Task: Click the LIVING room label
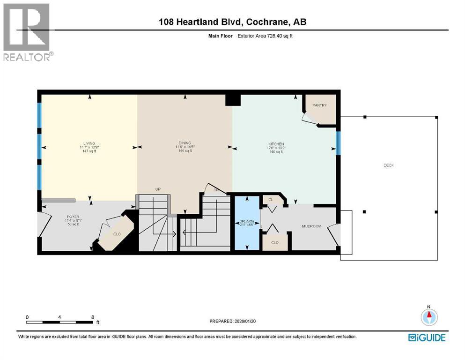pos(89,143)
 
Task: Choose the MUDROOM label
pos(311,226)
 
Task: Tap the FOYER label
pos(73,216)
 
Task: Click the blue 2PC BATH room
pos(247,223)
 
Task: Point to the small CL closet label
pos(271,200)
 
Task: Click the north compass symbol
pos(428,317)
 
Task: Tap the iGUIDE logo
pos(427,337)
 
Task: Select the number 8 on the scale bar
pos(92,317)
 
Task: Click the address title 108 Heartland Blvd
pos(232,22)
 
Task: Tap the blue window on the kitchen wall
pos(337,143)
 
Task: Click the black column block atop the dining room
pos(232,100)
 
